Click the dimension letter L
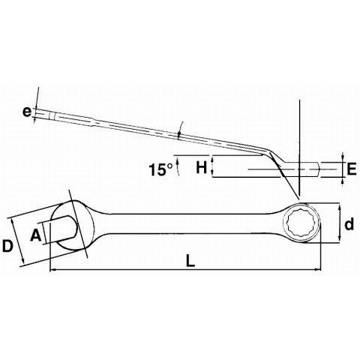click(x=190, y=260)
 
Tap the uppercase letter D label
click(x=7, y=246)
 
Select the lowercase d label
click(x=349, y=223)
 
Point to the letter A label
click(x=36, y=235)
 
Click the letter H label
click(x=202, y=167)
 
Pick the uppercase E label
click(x=352, y=169)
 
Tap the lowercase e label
click(x=26, y=112)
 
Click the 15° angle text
click(x=160, y=169)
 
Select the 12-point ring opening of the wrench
click(x=300, y=223)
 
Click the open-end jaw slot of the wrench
click(x=61, y=229)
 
